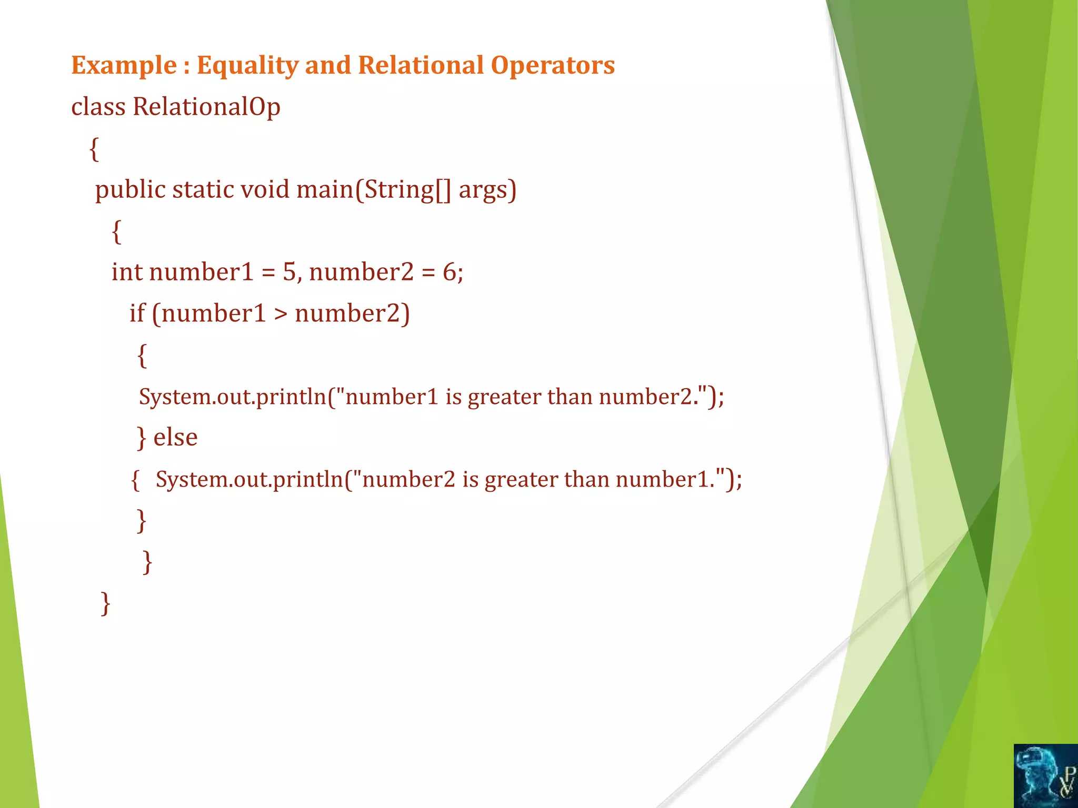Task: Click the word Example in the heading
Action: [x=124, y=66]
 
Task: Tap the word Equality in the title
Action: [x=247, y=66]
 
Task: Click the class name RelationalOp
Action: [x=206, y=107]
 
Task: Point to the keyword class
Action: [x=98, y=107]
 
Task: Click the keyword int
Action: [x=127, y=272]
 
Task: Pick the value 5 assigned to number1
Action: [x=290, y=272]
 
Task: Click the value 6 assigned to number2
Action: [x=450, y=272]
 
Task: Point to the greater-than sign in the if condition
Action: [x=281, y=314]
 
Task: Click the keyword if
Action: [x=137, y=314]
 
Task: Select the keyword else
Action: [x=175, y=437]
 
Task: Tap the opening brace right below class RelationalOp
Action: [x=94, y=149]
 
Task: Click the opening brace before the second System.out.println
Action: [x=135, y=480]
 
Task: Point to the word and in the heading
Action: [x=327, y=66]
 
